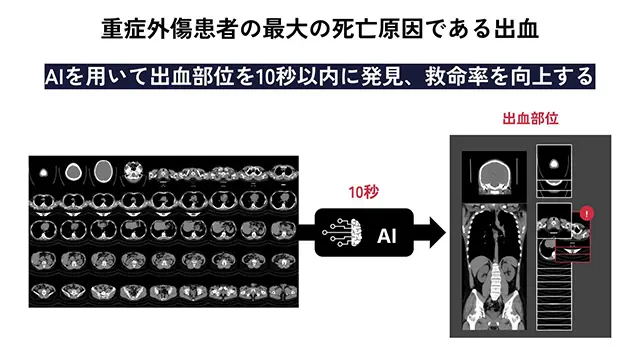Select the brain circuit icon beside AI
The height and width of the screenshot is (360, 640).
[343, 235]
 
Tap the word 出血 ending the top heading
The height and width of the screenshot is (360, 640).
[519, 28]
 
